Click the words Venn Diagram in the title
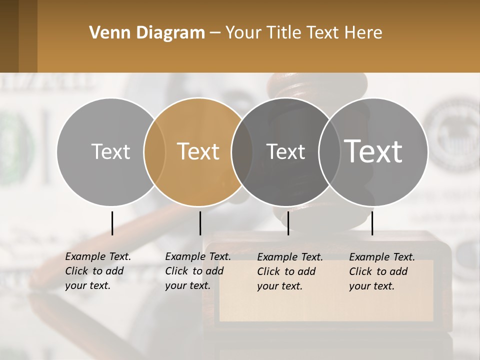pos(147,33)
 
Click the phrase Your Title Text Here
pos(303,33)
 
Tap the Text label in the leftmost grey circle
pos(110,151)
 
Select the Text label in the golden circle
pos(198,151)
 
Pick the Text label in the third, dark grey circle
pos(285,151)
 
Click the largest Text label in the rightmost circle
pos(373,151)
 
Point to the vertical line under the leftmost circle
pos(112,223)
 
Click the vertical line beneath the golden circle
pos(200,223)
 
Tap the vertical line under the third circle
pos(288,223)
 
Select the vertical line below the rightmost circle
pos(372,223)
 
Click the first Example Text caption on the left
pos(98,271)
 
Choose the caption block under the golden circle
pos(198,271)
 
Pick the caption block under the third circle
pos(290,271)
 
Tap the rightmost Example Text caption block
pos(382,271)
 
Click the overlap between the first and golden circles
pos(154,151)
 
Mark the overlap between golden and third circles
pos(242,151)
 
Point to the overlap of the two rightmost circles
pos(329,151)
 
